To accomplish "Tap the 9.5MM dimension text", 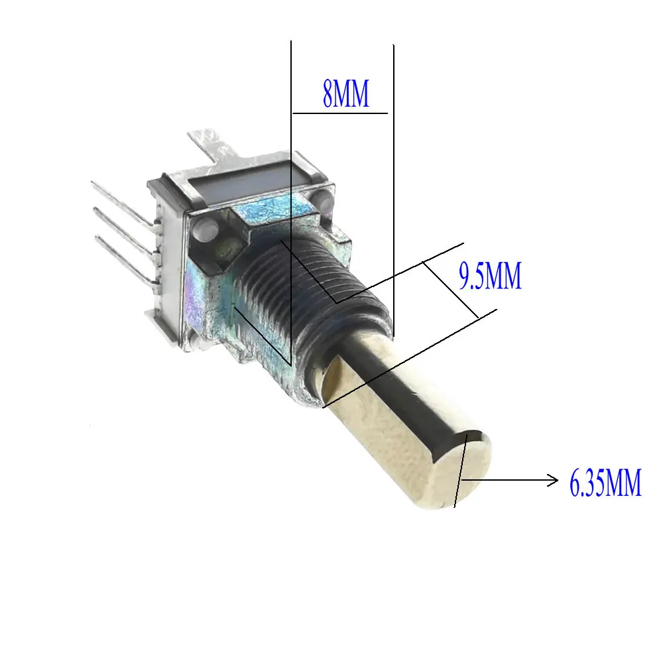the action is point(491,276).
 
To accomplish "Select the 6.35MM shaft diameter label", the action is point(605,483).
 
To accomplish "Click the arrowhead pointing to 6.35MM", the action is point(553,480).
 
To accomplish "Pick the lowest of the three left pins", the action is point(127,259).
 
